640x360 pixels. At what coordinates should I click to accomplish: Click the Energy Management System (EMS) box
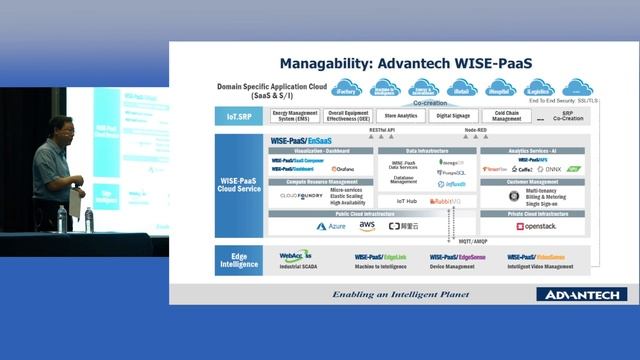coord(296,116)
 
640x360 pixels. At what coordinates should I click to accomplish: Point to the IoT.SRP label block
coord(239,116)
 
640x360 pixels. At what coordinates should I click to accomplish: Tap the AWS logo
coord(367,226)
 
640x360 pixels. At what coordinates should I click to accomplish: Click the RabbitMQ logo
coord(447,201)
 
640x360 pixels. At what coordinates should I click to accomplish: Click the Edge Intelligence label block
coord(239,259)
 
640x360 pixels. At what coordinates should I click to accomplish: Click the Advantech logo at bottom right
coord(580,294)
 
